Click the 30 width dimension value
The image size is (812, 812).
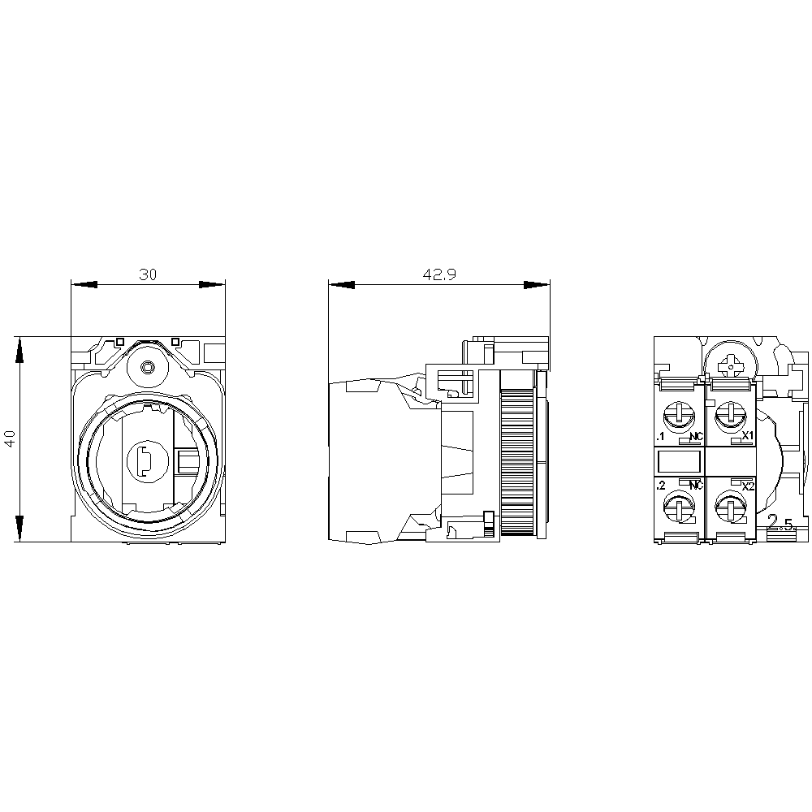tap(147, 274)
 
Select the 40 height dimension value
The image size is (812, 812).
tap(10, 439)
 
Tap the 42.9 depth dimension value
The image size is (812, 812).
tap(439, 274)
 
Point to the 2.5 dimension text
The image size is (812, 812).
tap(781, 521)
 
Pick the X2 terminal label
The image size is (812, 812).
tap(749, 486)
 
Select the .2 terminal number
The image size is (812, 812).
tap(661, 486)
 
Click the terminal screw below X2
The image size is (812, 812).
tap(731, 510)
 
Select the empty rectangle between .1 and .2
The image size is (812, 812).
tap(679, 463)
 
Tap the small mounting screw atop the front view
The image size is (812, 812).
tap(147, 367)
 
